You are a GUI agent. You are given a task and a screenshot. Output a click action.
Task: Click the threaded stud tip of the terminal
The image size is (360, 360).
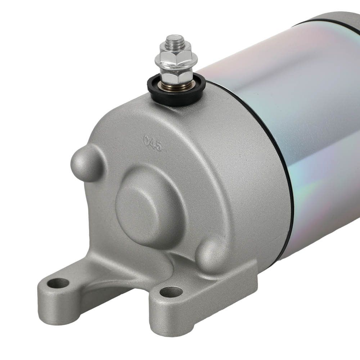pyautogui.click(x=175, y=40)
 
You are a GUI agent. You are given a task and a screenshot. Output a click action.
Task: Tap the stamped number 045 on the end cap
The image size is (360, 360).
pyautogui.click(x=153, y=143)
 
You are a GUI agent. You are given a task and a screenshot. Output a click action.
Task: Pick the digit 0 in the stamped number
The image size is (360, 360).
pyautogui.click(x=146, y=140)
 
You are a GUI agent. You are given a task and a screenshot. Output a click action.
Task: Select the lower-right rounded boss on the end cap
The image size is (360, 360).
pyautogui.click(x=212, y=254)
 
